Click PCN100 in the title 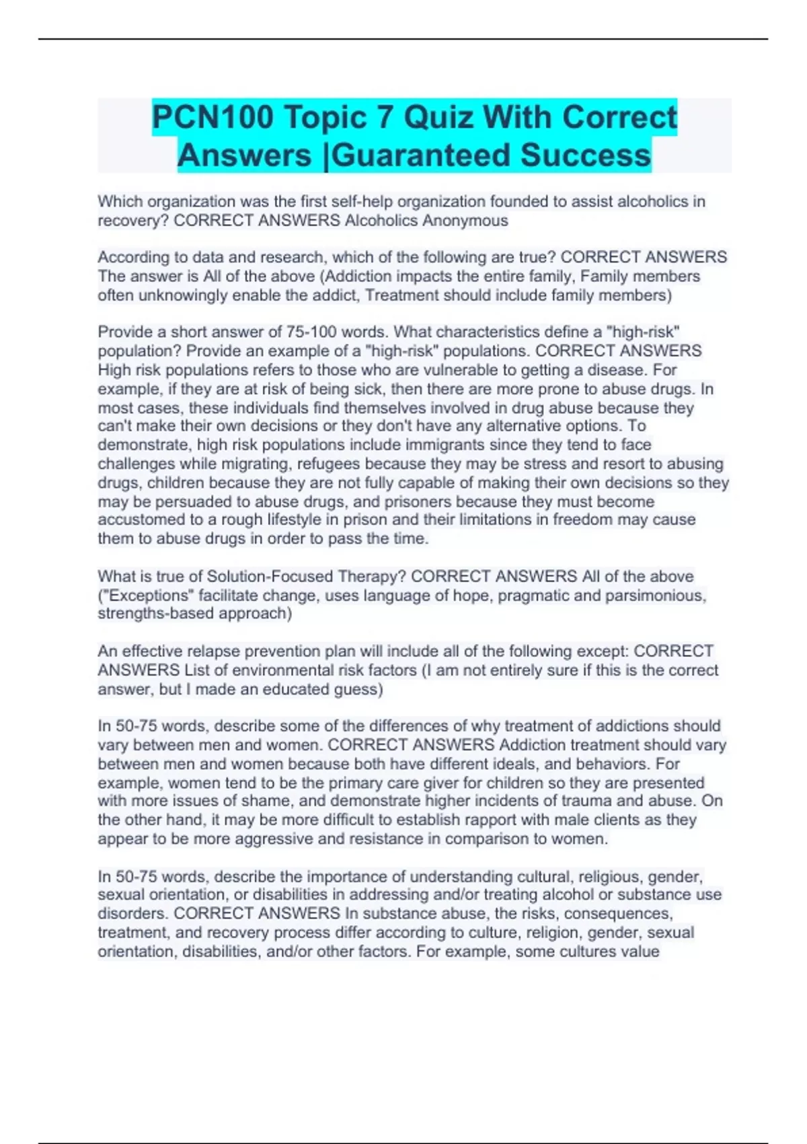pos(213,118)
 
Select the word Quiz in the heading pos(438,118)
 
